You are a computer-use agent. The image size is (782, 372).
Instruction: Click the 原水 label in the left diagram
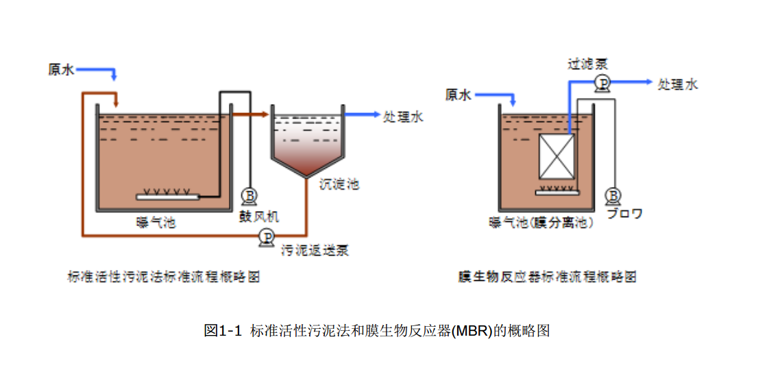61,70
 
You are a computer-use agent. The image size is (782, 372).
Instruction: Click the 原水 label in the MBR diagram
459,95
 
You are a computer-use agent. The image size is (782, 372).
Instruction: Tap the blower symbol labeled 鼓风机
249,197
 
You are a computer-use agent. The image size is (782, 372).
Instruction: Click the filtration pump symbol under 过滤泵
602,83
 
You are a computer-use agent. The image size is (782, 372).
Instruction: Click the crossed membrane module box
556,157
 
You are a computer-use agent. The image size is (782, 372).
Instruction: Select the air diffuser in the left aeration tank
168,197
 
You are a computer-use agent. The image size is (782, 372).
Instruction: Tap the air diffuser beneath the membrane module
557,191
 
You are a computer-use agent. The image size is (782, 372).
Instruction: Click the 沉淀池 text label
339,184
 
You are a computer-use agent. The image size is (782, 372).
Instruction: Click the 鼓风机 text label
259,216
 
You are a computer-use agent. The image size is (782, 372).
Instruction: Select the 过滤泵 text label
587,64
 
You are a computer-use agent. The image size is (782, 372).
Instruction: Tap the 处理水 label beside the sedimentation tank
404,116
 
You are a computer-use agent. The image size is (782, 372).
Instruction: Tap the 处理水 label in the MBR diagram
678,84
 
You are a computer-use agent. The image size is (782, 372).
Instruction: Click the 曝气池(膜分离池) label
541,223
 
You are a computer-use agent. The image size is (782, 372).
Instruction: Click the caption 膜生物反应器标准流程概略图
548,277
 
